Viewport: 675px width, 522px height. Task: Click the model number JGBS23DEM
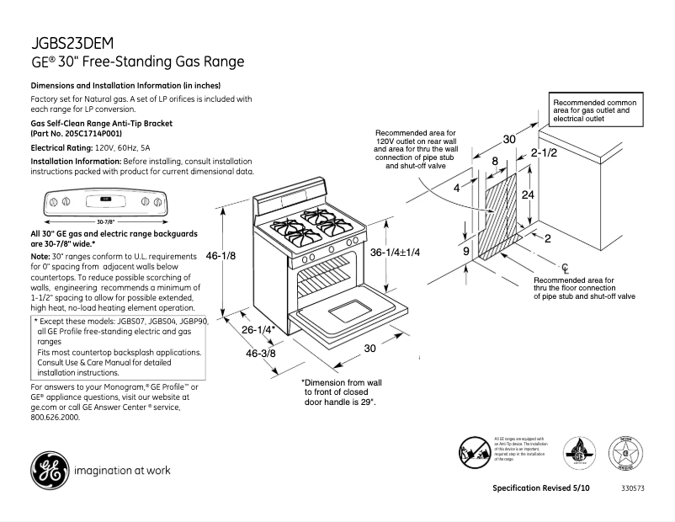coord(72,44)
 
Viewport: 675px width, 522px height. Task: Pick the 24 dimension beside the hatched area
coord(528,194)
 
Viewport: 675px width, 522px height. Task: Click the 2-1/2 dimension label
coord(544,153)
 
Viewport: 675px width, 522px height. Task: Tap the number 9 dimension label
coord(465,251)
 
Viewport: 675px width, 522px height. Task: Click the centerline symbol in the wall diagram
coord(566,268)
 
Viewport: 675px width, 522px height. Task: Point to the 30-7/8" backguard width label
coord(104,221)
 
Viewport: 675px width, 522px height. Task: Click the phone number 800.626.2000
coord(56,418)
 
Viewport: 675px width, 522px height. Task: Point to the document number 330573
coord(633,489)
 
